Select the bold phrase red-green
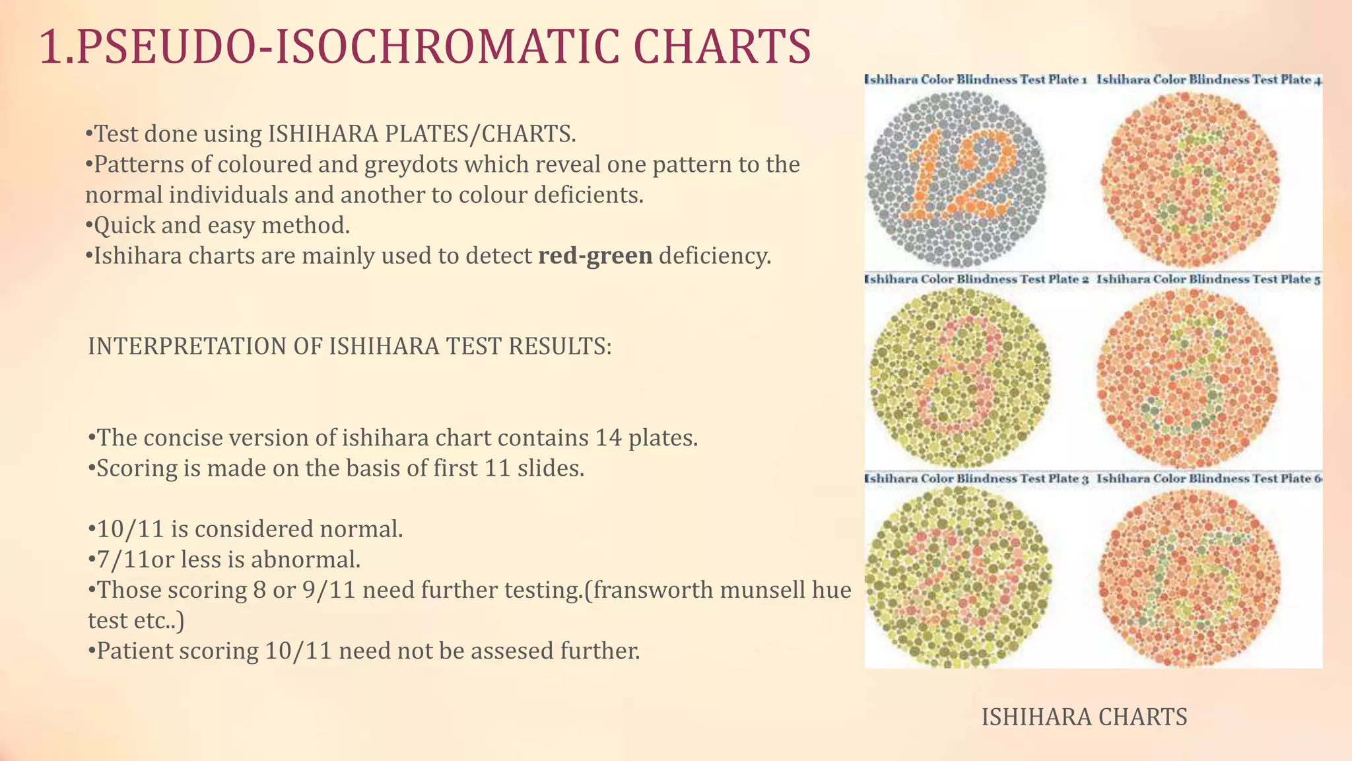(595, 256)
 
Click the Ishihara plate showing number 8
(959, 378)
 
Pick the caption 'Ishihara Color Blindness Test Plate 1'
(976, 80)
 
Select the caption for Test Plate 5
(1209, 279)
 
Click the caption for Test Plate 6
(1209, 478)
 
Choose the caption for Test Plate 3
(976, 478)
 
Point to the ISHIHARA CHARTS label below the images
(1084, 717)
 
